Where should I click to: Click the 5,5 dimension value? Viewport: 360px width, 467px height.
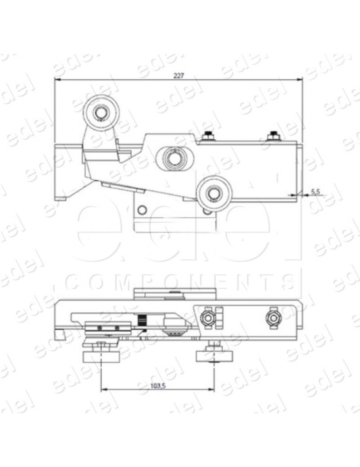[315, 191]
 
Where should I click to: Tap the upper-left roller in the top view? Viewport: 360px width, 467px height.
[100, 113]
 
